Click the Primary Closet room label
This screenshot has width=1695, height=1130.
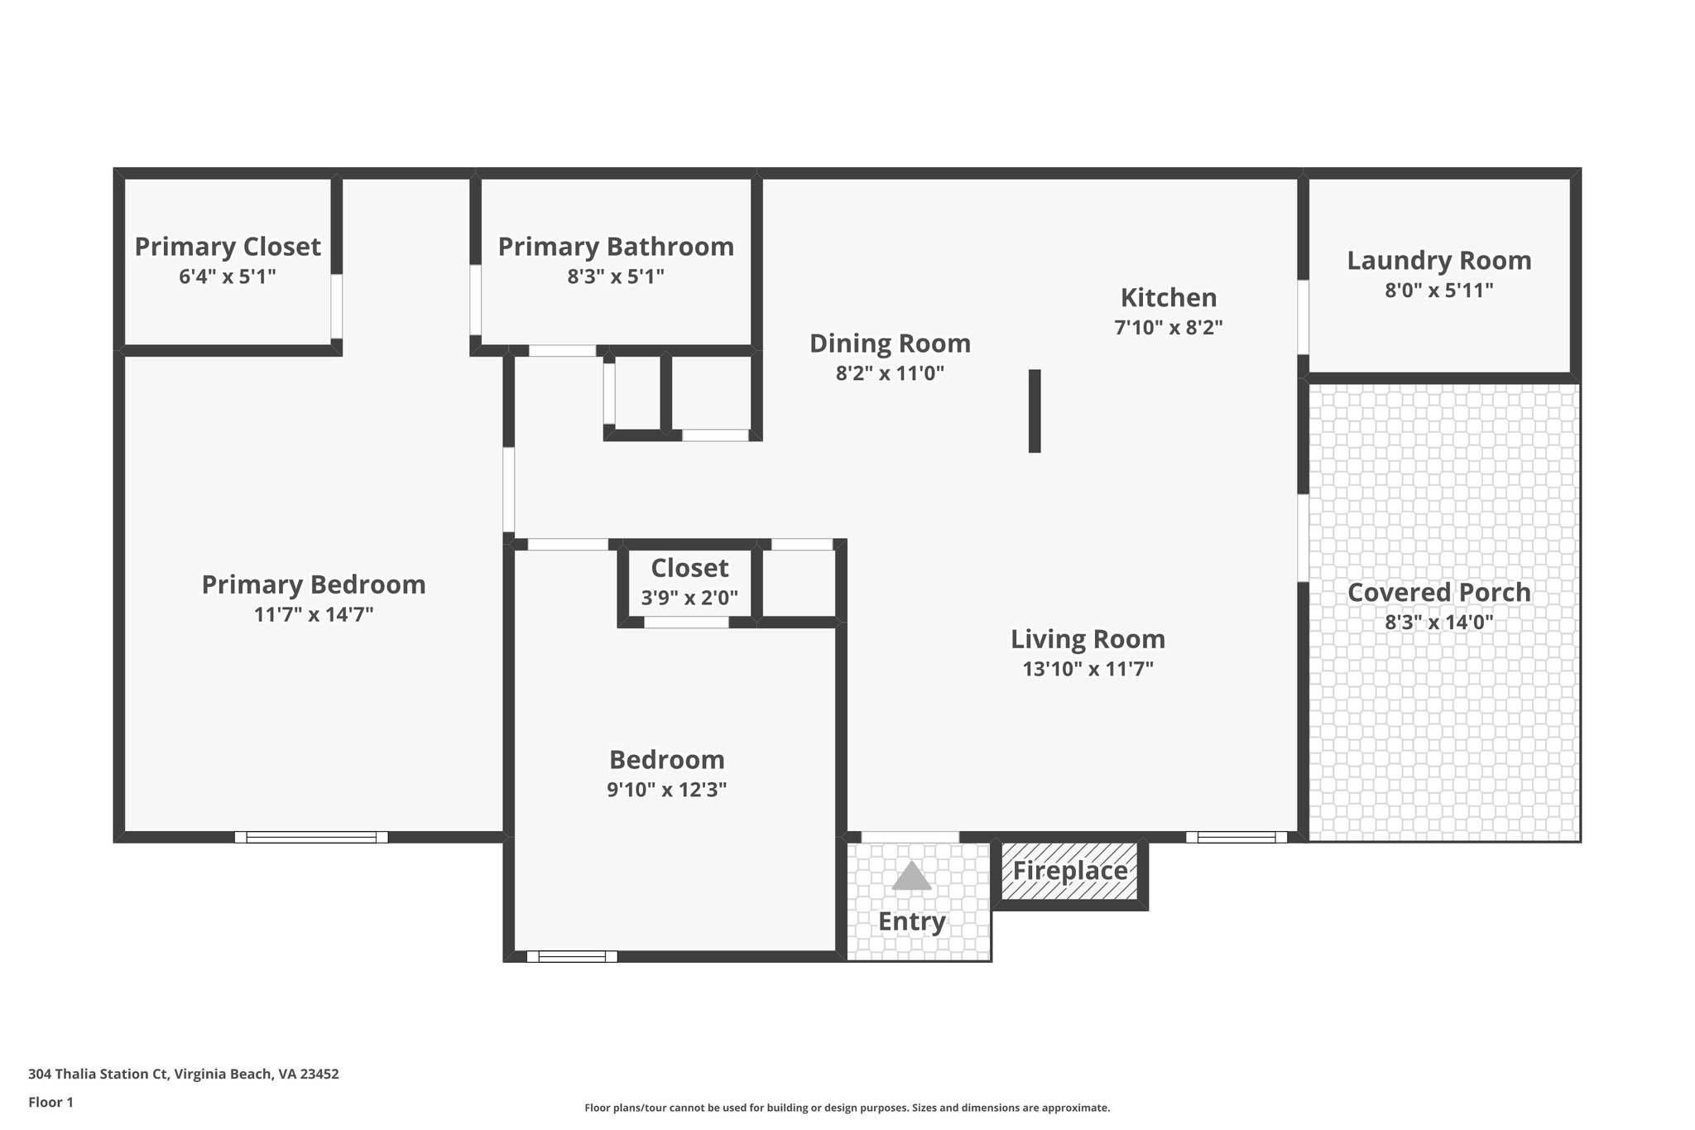tap(228, 247)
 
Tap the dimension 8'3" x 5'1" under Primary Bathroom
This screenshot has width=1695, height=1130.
tap(616, 276)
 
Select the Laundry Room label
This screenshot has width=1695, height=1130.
tap(1438, 261)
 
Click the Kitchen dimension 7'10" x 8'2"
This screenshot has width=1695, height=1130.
tap(1168, 328)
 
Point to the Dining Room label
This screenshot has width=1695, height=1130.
tap(890, 344)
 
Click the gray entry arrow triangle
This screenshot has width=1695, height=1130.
tap(911, 877)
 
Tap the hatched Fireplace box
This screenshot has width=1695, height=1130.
tap(1069, 871)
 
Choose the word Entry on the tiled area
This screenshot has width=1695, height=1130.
tap(911, 921)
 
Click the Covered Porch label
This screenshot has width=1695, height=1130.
tap(1438, 593)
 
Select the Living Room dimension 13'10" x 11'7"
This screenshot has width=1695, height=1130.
tap(1088, 670)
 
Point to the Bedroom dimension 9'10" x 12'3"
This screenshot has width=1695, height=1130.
tap(666, 790)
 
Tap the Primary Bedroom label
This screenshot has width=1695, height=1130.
tap(314, 585)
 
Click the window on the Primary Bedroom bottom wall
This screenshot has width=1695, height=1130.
tap(311, 837)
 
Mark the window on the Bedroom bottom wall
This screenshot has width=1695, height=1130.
tap(572, 956)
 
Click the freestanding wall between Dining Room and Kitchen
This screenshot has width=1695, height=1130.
tap(1034, 411)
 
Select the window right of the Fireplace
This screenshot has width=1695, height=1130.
tap(1236, 837)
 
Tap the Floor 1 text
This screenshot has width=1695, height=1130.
tap(50, 1102)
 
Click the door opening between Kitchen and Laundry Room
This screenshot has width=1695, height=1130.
tap(1302, 317)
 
